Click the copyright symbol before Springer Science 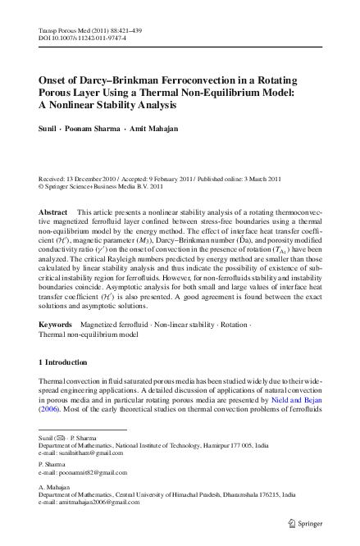pyautogui.click(x=43, y=186)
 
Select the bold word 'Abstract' pyautogui.click(x=53, y=212)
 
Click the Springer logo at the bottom pyautogui.click(x=304, y=521)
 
